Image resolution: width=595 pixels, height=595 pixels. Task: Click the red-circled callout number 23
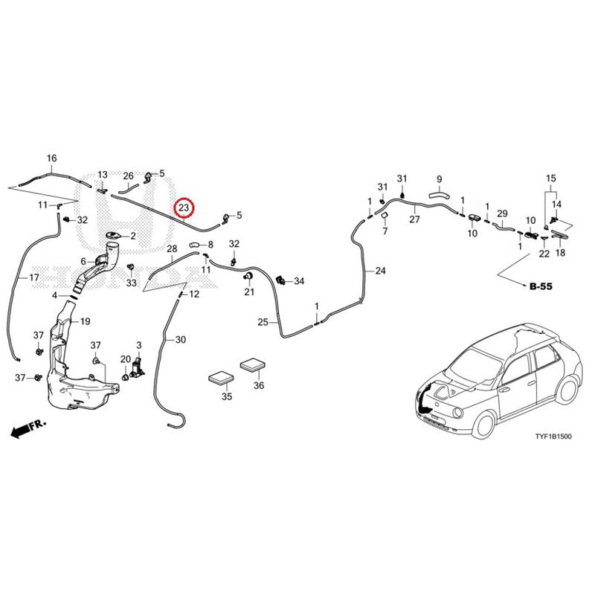click(184, 208)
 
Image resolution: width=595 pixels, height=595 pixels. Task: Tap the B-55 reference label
click(541, 286)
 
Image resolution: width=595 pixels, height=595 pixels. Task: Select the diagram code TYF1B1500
click(553, 437)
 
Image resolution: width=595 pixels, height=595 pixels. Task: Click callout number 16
click(51, 158)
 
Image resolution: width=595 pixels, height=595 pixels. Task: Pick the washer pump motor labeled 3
click(138, 368)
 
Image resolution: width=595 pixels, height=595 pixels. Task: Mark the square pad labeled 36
click(252, 364)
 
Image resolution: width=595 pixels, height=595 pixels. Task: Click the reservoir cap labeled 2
click(114, 236)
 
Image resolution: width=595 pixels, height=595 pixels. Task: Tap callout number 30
click(181, 340)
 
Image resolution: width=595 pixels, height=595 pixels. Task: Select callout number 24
click(380, 271)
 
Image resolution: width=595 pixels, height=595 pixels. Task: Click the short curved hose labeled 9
click(439, 196)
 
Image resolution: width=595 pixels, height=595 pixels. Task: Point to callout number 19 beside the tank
click(86, 321)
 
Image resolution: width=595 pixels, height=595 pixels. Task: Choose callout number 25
click(263, 322)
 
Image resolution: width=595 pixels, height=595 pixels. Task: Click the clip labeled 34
click(281, 280)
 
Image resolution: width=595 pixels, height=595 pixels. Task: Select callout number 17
click(34, 277)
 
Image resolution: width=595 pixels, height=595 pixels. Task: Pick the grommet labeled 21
click(248, 276)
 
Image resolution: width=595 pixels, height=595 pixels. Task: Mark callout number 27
click(414, 219)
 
